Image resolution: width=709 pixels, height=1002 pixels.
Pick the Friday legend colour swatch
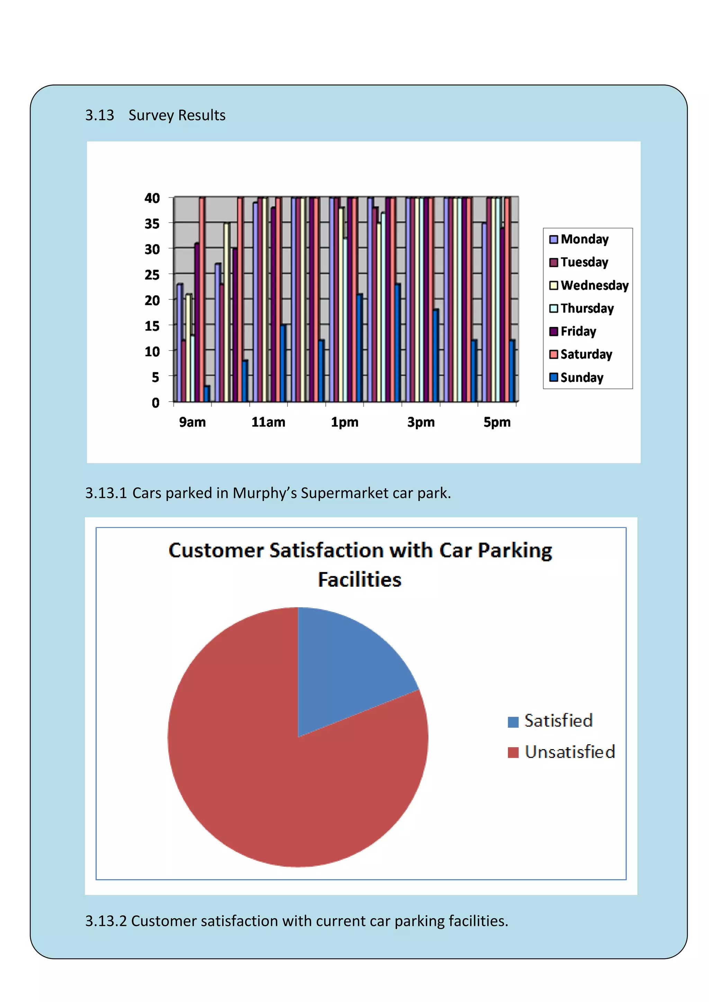pos(554,332)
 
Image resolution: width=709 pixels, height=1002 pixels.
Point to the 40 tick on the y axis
pos(152,198)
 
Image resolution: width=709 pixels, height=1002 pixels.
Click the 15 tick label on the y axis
pos(152,326)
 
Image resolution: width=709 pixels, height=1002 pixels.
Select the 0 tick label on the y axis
pos(155,403)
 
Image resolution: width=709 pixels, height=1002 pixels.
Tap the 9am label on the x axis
pos(192,422)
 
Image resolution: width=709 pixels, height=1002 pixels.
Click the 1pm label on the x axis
pos(344,422)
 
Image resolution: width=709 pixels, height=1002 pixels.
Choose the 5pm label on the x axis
pos(497,422)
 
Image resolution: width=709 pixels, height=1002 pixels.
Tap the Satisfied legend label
pos(558,720)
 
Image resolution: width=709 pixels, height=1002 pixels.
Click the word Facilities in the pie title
pos(359,580)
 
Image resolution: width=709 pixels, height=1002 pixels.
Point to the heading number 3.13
pos(100,115)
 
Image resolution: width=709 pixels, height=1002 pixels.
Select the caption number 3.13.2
pos(106,921)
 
